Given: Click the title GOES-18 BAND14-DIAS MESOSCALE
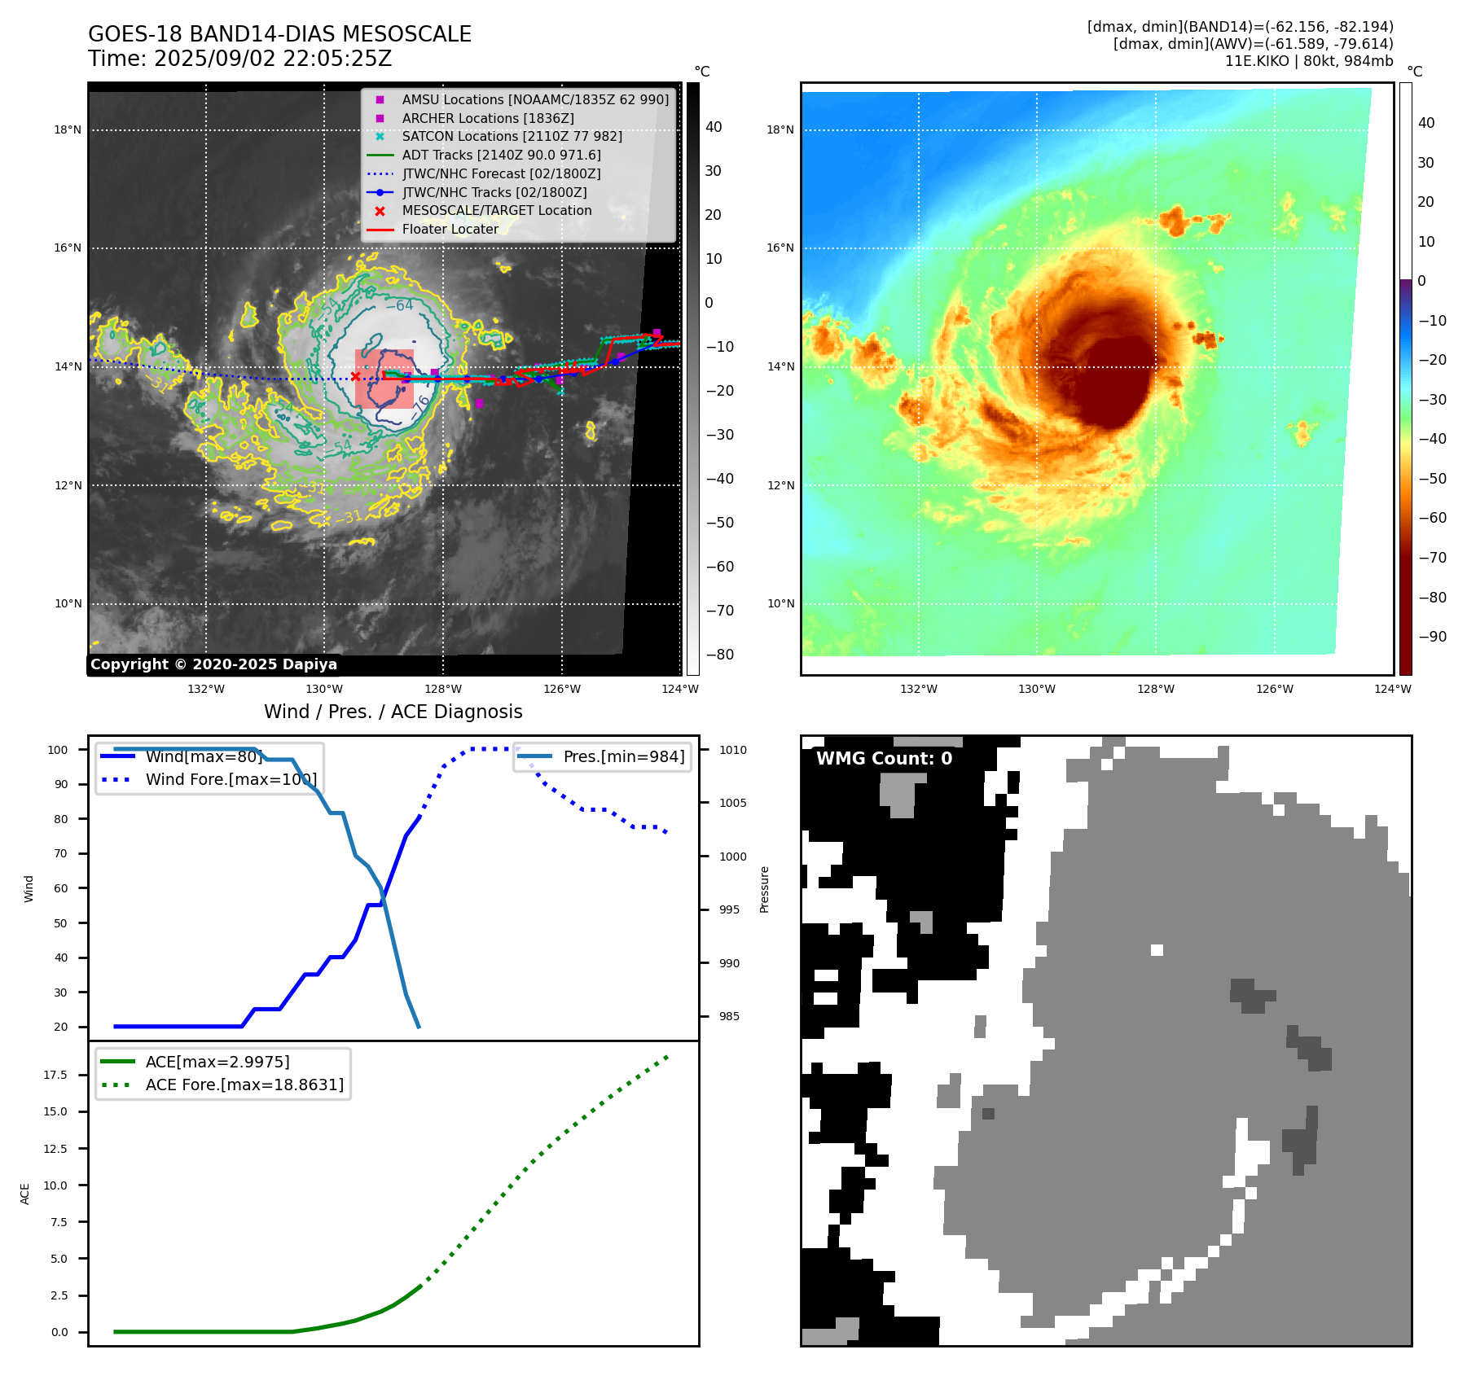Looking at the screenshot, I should click(279, 34).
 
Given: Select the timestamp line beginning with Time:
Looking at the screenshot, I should click(239, 59).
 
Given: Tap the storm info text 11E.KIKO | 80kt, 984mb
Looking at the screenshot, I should click(1308, 61).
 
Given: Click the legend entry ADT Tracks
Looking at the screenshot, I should click(501, 155).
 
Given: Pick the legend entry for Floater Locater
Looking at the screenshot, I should click(450, 229).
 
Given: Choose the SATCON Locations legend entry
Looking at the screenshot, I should click(512, 136).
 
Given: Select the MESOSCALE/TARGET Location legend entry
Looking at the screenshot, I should click(496, 210).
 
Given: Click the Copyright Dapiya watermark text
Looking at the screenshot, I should click(213, 664).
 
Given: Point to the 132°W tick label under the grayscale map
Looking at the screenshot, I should click(206, 689).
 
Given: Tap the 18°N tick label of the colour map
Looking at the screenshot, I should click(780, 129).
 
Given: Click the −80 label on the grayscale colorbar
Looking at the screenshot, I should click(719, 655).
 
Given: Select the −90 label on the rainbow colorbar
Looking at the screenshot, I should click(1432, 637).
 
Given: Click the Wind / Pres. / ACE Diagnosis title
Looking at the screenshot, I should click(393, 712).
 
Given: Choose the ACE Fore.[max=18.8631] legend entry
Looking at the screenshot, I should click(244, 1085).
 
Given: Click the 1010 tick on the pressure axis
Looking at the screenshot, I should click(732, 750).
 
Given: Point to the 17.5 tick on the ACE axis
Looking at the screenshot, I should click(55, 1075).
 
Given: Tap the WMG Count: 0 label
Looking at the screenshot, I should click(884, 759).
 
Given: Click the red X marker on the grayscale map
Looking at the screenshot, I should click(355, 376).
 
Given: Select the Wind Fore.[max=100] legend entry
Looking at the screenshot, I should click(231, 779).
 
